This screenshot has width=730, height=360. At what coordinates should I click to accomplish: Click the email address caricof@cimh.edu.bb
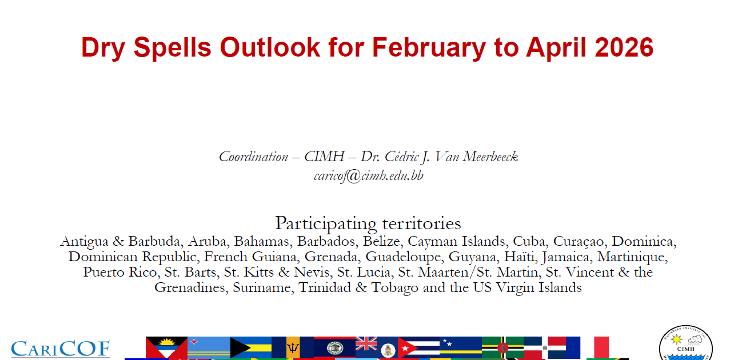(369, 176)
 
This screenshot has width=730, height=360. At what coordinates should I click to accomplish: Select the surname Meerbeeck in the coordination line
(490, 157)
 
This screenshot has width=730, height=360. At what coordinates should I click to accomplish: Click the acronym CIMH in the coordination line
(324, 157)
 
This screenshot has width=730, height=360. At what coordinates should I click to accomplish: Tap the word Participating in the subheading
(326, 224)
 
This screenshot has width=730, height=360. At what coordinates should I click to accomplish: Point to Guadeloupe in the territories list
(403, 257)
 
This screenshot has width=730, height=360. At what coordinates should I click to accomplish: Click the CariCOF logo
(61, 349)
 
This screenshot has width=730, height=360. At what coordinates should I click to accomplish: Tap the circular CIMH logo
(685, 343)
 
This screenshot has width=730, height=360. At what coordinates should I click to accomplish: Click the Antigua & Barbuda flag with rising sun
(166, 348)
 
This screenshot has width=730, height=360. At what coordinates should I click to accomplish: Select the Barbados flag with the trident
(293, 347)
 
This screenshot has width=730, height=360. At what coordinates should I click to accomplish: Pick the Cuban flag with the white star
(419, 347)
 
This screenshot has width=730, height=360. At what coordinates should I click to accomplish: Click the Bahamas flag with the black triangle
(250, 347)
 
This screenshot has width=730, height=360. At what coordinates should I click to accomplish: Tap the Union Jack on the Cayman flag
(366, 343)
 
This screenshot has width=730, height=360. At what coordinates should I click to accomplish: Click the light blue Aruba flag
(209, 347)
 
